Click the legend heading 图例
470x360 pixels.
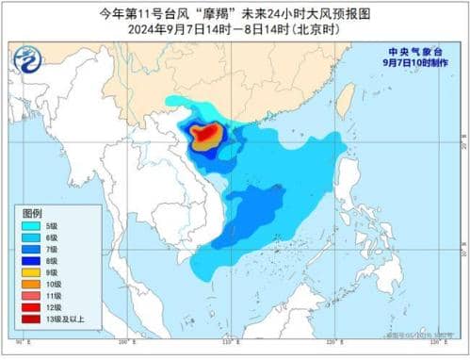(x=33, y=214)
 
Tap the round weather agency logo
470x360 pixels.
(x=27, y=60)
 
